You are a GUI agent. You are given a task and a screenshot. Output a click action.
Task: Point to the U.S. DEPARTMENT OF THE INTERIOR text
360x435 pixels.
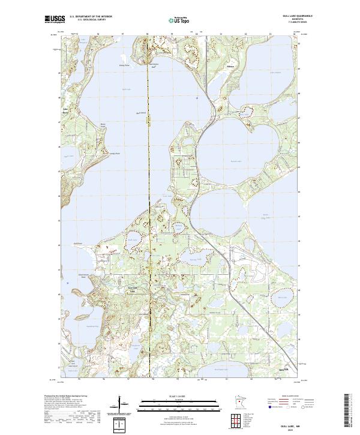91,17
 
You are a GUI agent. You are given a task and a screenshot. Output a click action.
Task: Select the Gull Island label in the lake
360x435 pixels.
142,112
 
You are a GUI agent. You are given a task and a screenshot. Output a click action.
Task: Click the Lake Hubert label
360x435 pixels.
275,73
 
